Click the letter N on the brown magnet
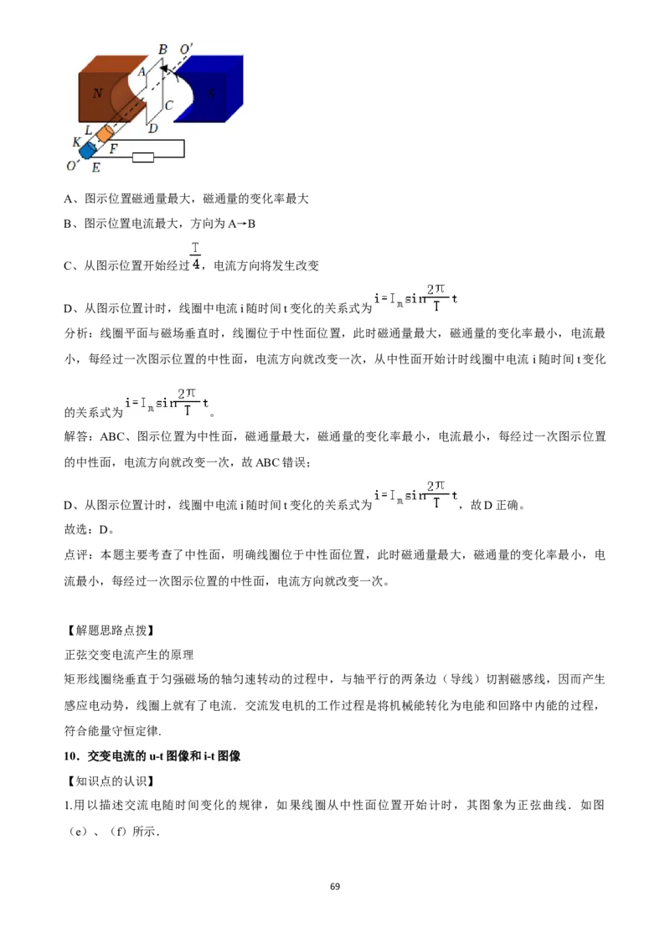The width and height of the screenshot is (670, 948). click(97, 93)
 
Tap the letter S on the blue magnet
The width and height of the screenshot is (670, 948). click(211, 93)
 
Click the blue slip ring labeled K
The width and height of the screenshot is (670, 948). click(88, 150)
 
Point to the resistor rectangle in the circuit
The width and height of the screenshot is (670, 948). click(142, 157)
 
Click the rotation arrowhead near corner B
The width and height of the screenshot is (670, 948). click(164, 70)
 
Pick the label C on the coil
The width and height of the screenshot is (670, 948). click(169, 106)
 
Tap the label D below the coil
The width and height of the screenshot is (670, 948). click(153, 128)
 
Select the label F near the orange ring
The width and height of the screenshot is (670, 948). click(113, 148)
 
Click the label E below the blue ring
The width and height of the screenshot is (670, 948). click(95, 167)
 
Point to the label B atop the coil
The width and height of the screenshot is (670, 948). click(162, 49)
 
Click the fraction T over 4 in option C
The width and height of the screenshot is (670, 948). click(195, 256)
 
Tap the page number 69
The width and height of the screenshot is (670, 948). click(335, 886)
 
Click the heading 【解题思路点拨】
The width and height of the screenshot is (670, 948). click(110, 630)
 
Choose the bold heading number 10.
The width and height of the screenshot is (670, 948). click(71, 755)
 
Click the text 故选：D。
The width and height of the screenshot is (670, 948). click(90, 529)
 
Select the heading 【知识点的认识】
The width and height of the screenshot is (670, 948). click(110, 781)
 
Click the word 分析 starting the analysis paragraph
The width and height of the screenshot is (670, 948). click(76, 333)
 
